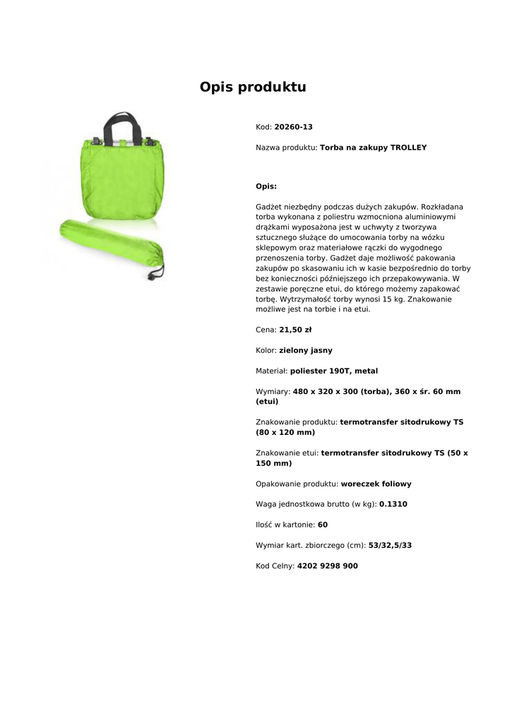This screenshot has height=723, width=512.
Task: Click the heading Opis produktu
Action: click(x=253, y=88)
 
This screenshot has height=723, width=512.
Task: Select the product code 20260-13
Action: click(x=293, y=127)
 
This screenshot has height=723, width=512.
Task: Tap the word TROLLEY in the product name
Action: click(x=408, y=148)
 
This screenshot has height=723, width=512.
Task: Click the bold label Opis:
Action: click(x=266, y=186)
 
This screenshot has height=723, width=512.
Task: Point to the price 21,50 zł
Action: click(x=295, y=330)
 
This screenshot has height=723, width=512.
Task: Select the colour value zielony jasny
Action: click(x=306, y=350)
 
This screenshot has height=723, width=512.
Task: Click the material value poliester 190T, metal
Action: click(x=334, y=371)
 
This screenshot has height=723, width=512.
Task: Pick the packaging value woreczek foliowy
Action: click(x=376, y=484)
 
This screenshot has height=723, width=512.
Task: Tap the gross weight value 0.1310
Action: click(x=393, y=504)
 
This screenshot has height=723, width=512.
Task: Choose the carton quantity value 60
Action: click(x=323, y=525)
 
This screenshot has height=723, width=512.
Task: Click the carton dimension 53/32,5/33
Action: click(x=390, y=545)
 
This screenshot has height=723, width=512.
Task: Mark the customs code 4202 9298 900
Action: click(x=327, y=566)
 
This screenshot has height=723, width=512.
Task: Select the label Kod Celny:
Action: click(x=275, y=566)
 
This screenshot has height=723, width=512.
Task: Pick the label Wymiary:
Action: click(x=273, y=391)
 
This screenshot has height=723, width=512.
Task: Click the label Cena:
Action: click(x=266, y=330)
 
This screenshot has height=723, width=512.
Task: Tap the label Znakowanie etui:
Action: click(x=287, y=453)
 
